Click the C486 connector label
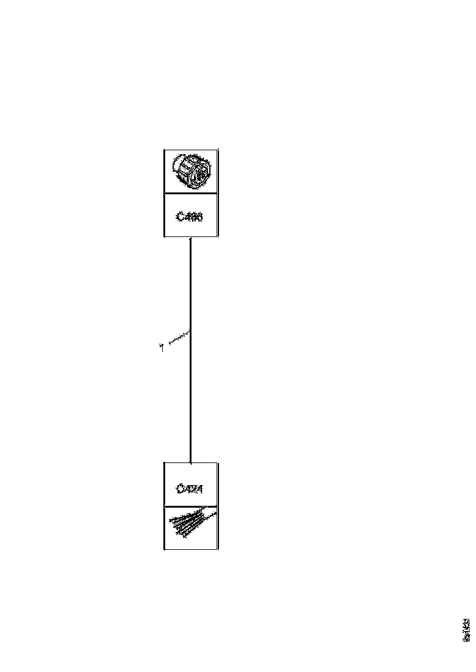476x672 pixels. [x=190, y=216]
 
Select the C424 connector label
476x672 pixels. [x=190, y=489]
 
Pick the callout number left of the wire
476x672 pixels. [x=161, y=348]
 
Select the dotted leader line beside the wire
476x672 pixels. [x=177, y=338]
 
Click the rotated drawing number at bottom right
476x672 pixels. [x=467, y=629]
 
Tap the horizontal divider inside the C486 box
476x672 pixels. [x=191, y=194]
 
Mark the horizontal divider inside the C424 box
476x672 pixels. [x=191, y=506]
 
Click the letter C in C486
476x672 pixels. [x=179, y=216]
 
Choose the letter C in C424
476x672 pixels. [x=179, y=489]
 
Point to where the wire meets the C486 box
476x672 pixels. [x=191, y=238]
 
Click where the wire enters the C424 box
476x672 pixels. [x=191, y=462]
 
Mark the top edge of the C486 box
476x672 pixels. [x=191, y=150]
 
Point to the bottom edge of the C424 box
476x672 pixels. [x=191, y=549]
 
